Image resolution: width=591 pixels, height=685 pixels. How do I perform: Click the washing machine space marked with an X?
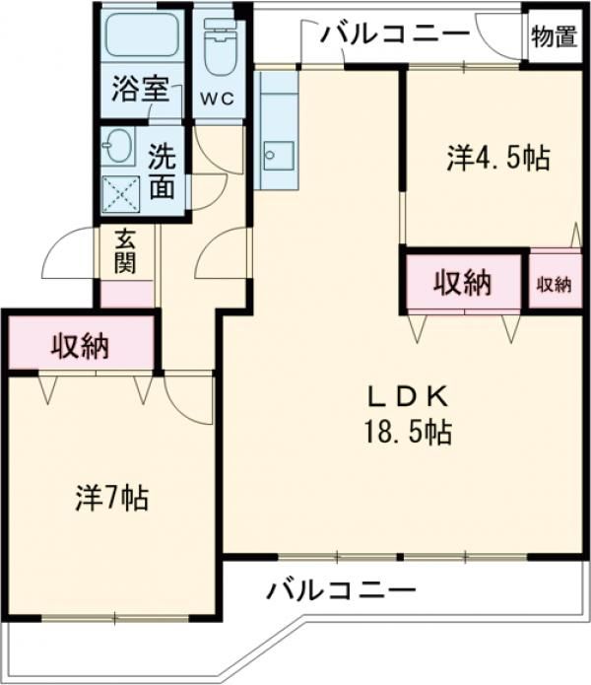click(x=120, y=194)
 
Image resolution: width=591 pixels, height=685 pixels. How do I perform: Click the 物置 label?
click(x=554, y=36)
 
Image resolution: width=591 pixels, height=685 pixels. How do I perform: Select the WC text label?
click(x=217, y=100)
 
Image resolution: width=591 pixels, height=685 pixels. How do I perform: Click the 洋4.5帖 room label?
click(x=498, y=158)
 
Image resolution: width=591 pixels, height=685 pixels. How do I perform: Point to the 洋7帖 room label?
click(x=112, y=499)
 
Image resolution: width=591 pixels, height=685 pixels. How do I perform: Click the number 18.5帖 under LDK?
click(x=408, y=433)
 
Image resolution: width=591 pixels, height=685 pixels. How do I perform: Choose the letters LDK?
click(x=408, y=397)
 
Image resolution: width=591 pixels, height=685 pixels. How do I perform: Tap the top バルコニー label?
click(x=396, y=34)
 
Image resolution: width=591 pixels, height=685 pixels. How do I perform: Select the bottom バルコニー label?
click(x=342, y=591)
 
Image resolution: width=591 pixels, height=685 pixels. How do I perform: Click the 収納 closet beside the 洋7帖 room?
click(x=82, y=342)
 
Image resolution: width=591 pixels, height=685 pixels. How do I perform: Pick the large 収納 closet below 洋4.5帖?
click(x=464, y=282)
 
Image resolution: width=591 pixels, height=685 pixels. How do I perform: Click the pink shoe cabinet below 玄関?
click(x=127, y=294)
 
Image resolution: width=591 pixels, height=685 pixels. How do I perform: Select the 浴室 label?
click(x=141, y=89)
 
